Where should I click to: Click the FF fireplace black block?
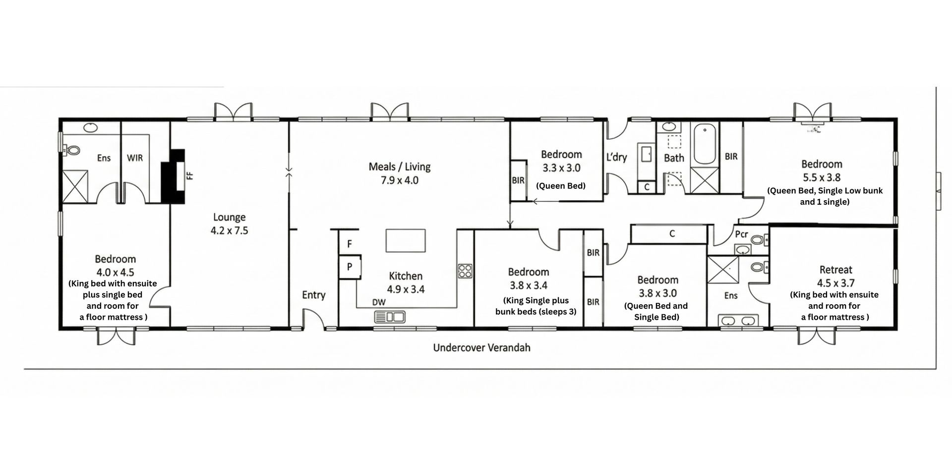[x=173, y=176]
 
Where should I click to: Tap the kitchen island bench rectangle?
[x=406, y=240]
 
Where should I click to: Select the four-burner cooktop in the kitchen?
[x=465, y=271]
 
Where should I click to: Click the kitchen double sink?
[x=390, y=316]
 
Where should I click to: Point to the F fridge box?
[x=349, y=243]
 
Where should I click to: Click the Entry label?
[x=314, y=295]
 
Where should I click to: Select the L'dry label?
[x=616, y=157]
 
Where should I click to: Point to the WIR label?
[x=135, y=158]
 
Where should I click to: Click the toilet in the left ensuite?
[x=72, y=150]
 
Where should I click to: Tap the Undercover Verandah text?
[x=482, y=347]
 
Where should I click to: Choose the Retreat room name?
[x=836, y=270]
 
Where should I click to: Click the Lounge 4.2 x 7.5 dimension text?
[x=229, y=230]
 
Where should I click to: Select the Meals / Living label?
[x=400, y=167]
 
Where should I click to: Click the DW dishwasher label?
[x=379, y=302]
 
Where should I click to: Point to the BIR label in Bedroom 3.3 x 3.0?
[x=518, y=180]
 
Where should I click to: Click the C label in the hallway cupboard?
[x=672, y=233]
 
